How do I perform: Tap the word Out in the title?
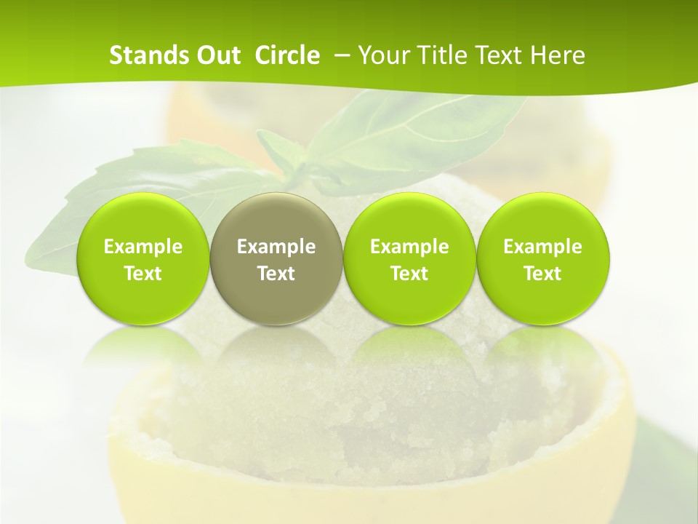(x=216, y=55)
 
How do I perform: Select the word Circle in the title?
(x=287, y=55)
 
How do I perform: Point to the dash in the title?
(x=340, y=55)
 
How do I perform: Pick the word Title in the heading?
(x=438, y=55)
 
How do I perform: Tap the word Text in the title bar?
(x=497, y=55)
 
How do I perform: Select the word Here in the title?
(x=557, y=55)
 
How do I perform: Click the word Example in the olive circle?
(x=276, y=247)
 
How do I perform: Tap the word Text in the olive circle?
(x=276, y=274)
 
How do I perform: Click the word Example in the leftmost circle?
(x=143, y=247)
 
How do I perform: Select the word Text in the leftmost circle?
(x=143, y=274)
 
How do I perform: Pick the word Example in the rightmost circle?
(x=543, y=247)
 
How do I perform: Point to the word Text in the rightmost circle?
(x=543, y=274)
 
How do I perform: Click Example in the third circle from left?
(x=409, y=247)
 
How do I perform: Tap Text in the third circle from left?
(x=409, y=274)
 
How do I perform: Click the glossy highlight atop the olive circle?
(x=276, y=207)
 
